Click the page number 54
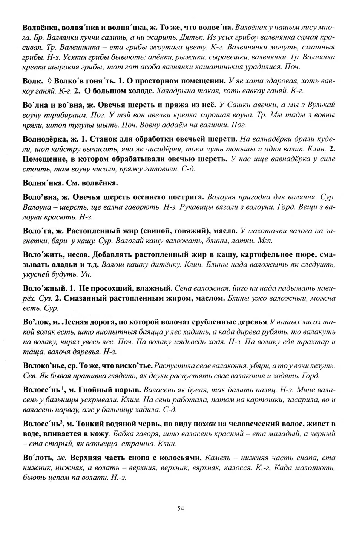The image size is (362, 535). coord(180,509)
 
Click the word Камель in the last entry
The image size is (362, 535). coord(218,458)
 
